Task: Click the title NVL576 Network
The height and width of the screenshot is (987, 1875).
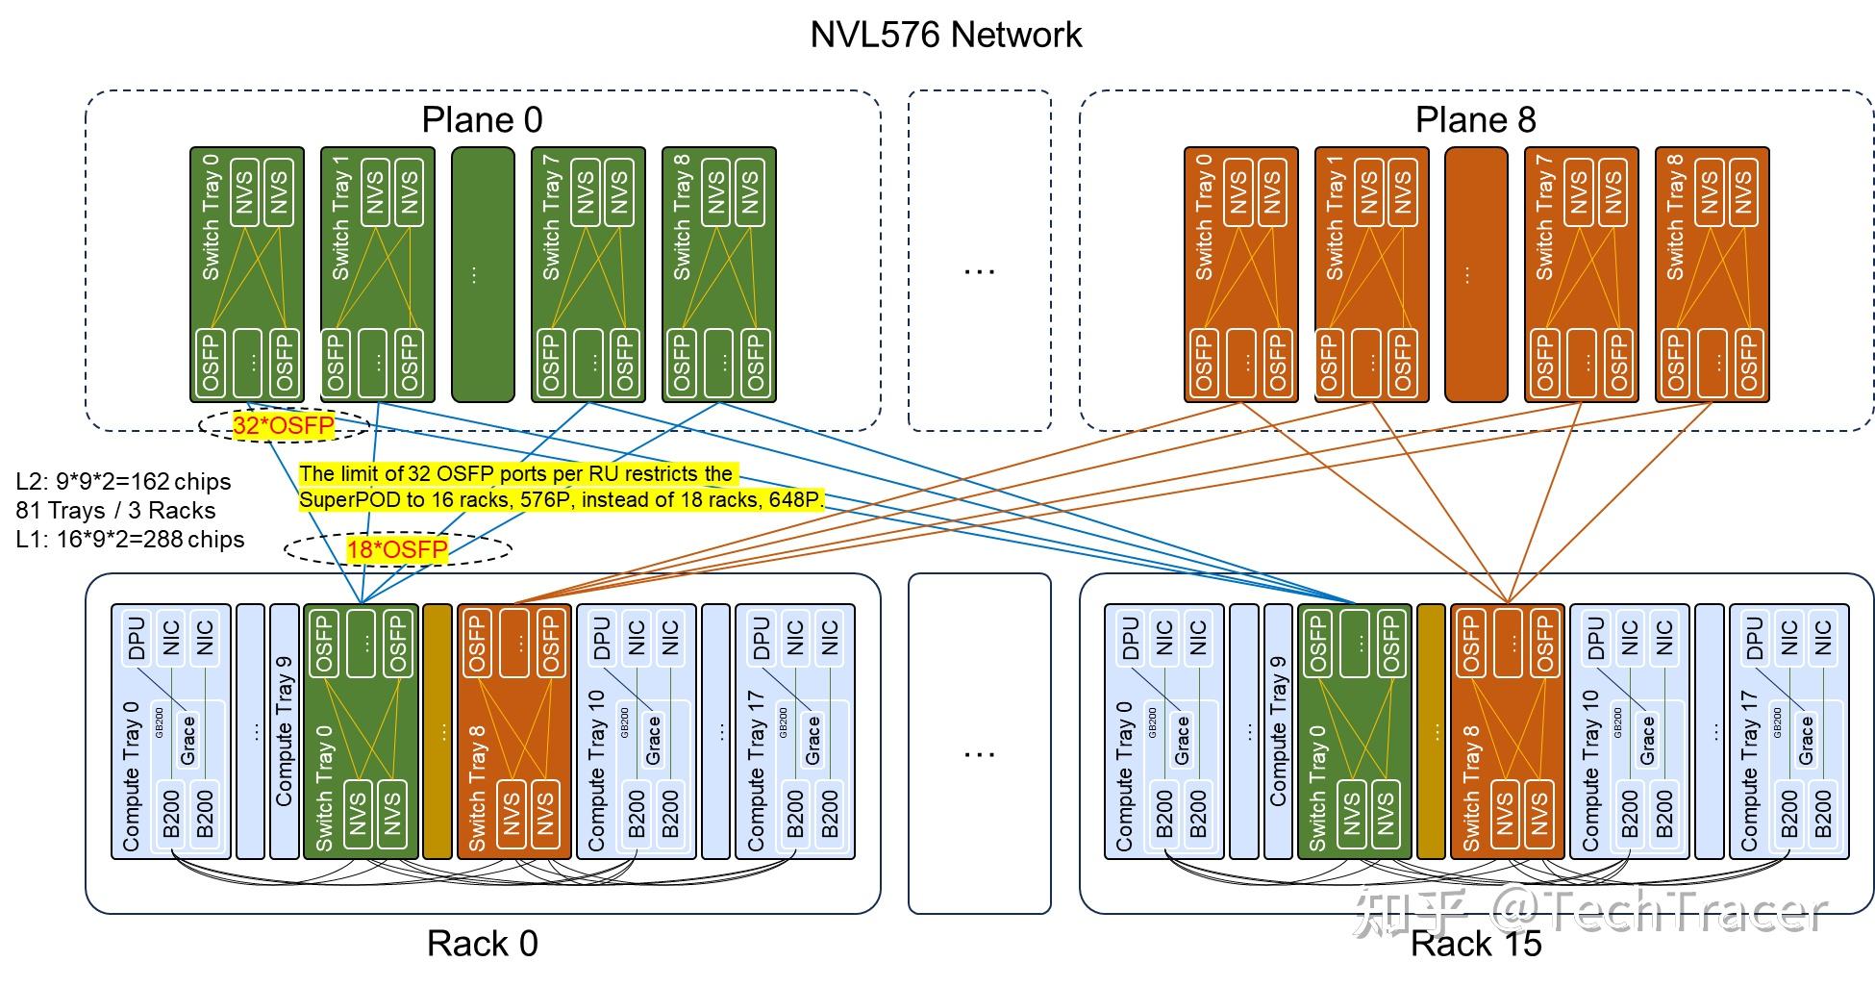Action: point(946,35)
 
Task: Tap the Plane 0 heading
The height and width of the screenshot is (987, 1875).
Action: point(482,120)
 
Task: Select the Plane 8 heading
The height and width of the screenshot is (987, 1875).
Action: point(1475,120)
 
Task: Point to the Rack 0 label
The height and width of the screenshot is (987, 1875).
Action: point(482,944)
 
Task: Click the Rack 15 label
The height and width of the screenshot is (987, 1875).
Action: point(1475,944)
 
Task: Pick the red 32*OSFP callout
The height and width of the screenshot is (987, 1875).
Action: point(284,426)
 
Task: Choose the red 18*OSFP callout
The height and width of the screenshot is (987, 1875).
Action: point(397,549)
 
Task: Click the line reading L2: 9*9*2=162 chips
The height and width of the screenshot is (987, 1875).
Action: point(123,481)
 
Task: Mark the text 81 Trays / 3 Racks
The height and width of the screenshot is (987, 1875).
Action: point(115,510)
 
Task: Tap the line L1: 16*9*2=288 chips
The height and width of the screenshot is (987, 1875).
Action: point(130,539)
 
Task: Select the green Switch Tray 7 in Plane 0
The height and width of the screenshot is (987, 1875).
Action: point(587,274)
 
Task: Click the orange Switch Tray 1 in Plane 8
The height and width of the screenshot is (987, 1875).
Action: point(1371,274)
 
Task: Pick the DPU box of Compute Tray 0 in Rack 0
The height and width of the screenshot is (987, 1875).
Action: point(137,638)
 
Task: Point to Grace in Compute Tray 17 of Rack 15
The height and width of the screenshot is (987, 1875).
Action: point(1806,739)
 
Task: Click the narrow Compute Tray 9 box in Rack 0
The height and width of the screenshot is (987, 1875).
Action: point(285,731)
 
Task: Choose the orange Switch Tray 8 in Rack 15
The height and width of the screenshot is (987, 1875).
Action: point(1506,731)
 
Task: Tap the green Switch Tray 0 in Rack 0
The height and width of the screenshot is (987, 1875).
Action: point(361,731)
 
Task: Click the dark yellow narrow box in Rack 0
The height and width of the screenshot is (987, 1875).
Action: point(437,731)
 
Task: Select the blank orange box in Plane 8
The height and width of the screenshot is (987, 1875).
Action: point(1475,274)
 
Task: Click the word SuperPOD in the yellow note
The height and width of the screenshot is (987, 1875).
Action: point(341,499)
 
